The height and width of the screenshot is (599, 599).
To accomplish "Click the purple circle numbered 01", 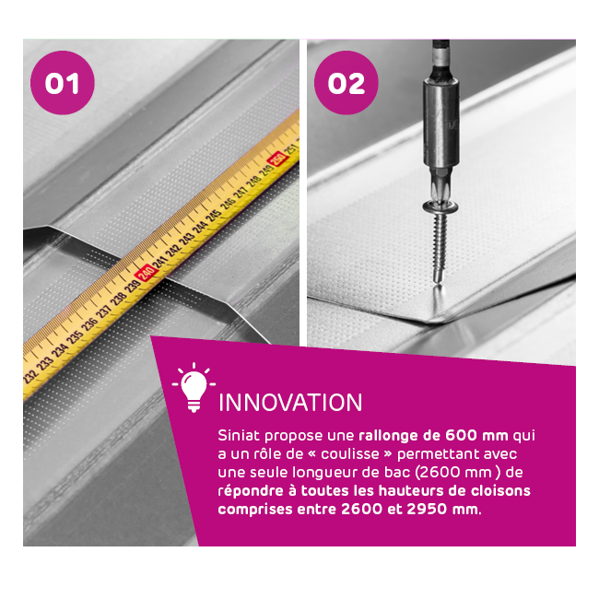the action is pyautogui.click(x=63, y=83).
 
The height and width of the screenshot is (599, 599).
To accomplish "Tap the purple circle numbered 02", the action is pyautogui.click(x=346, y=83).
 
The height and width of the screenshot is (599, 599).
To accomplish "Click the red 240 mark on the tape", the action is pyautogui.click(x=147, y=273).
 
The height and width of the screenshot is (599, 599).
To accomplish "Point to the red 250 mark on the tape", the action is pyautogui.click(x=277, y=159).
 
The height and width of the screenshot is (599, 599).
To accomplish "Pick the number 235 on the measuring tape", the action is pyautogui.click(x=76, y=336).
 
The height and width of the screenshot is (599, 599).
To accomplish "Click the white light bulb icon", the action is pyautogui.click(x=194, y=387).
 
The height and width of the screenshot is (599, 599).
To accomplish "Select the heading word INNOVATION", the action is pyautogui.click(x=290, y=403).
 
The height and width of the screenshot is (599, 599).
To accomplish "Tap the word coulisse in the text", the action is pyautogui.click(x=350, y=453).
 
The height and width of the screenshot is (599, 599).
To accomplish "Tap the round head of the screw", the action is pyautogui.click(x=440, y=207).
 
